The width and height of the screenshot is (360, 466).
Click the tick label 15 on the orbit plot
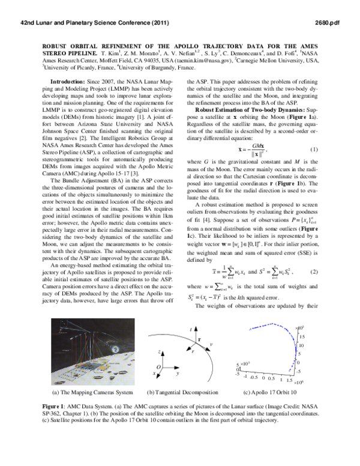click(303, 337)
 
